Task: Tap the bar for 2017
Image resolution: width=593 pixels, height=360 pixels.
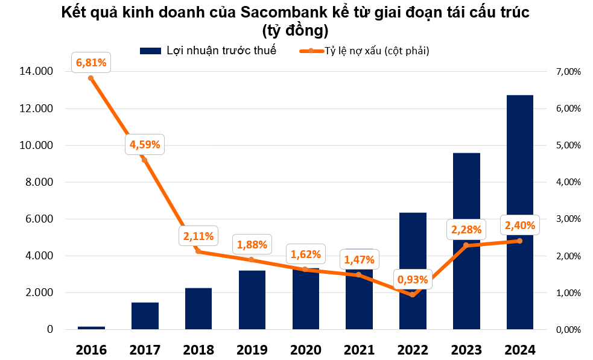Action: [x=145, y=316]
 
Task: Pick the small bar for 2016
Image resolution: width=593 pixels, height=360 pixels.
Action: [x=91, y=328]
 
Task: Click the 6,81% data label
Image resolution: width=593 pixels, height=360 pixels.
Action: [x=91, y=62]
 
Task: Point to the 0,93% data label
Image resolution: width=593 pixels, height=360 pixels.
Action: [x=413, y=279]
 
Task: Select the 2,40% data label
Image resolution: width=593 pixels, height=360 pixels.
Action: [x=519, y=226]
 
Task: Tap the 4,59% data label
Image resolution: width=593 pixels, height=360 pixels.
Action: [x=145, y=144]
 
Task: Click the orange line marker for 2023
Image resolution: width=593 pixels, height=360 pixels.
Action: [x=466, y=245]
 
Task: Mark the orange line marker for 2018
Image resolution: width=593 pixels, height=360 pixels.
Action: [x=198, y=251]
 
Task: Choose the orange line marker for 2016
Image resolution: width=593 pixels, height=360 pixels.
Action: [x=91, y=78]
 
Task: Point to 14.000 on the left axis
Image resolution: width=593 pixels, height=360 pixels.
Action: [x=36, y=72]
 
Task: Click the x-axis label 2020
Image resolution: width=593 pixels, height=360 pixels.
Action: [x=305, y=349]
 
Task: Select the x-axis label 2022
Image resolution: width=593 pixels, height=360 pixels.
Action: [x=413, y=349]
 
